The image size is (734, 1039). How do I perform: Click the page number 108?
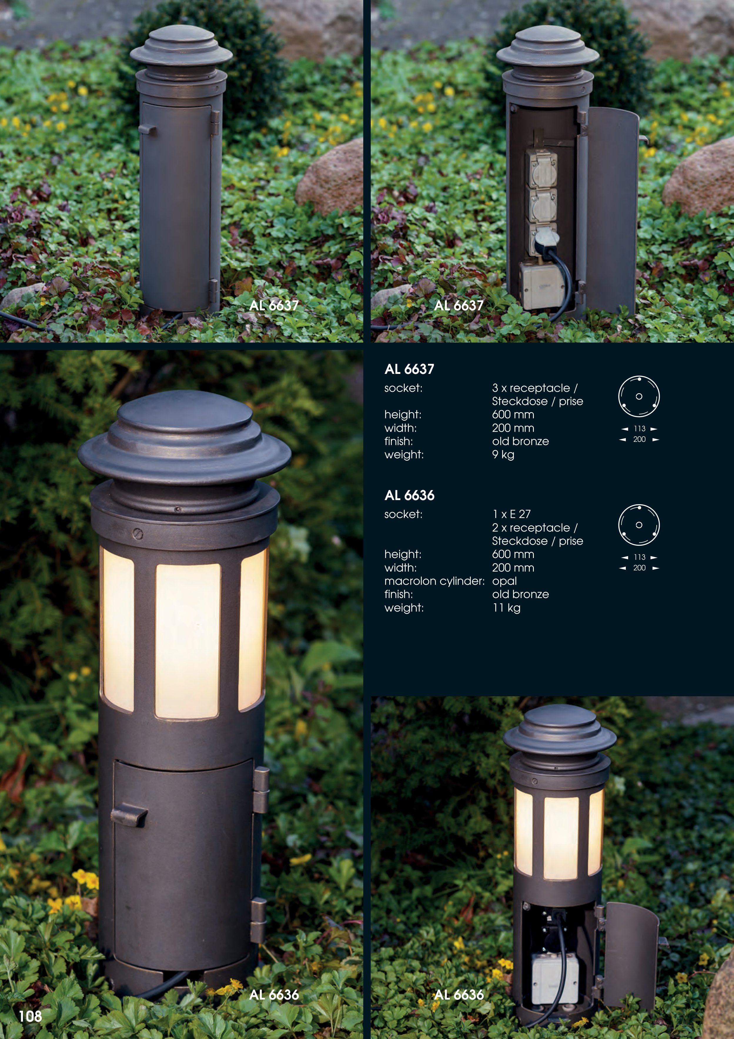(x=30, y=1016)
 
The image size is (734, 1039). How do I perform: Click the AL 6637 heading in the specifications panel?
(x=409, y=369)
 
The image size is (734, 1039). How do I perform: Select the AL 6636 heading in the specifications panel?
(x=409, y=495)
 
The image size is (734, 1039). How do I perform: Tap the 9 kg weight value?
(x=503, y=455)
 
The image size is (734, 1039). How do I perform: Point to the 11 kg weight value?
(x=506, y=608)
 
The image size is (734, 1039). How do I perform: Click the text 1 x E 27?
(x=511, y=514)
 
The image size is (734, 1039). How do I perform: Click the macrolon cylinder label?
(x=434, y=581)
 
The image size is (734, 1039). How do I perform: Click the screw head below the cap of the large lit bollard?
(x=138, y=534)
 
